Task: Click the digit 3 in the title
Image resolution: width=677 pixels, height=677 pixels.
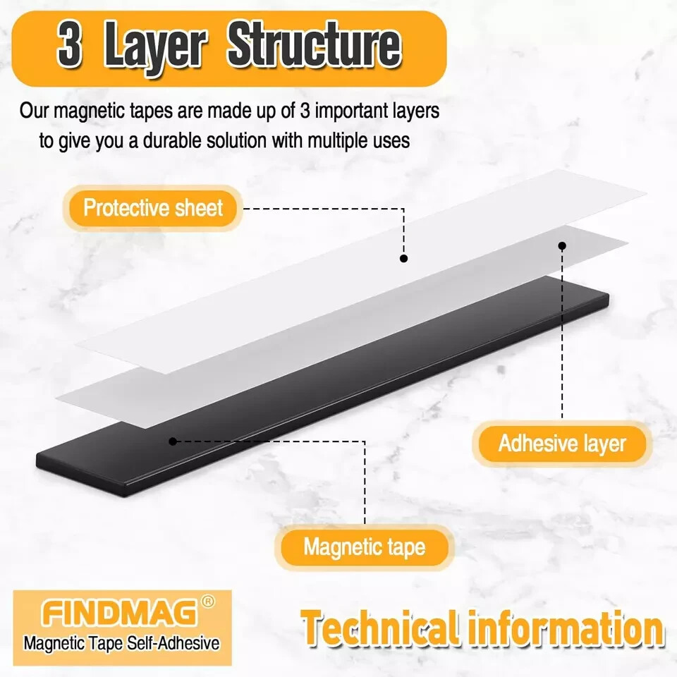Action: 69,47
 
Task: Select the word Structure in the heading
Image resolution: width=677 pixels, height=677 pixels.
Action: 315,47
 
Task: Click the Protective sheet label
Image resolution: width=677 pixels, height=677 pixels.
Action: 153,208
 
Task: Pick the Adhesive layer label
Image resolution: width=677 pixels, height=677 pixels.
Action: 562,444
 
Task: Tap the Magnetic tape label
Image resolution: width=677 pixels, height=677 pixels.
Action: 365,547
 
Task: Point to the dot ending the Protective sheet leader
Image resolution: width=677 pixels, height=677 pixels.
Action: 403,259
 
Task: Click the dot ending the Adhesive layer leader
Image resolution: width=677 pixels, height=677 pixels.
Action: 562,246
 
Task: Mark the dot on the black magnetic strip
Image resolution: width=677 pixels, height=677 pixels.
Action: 172,441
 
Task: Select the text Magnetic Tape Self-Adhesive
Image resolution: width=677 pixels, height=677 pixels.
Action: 121,643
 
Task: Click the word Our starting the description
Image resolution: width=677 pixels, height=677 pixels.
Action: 34,111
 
